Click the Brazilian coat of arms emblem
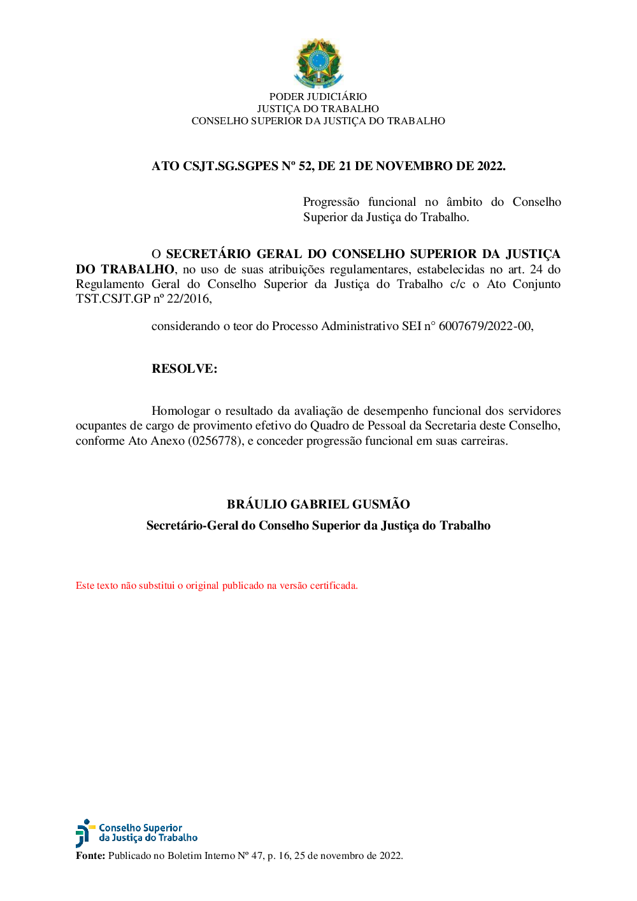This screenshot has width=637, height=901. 318,62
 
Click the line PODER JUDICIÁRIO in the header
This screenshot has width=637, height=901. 318,97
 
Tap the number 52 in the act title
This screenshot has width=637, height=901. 305,166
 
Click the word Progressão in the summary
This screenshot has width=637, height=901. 331,202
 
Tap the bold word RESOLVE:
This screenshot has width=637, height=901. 184,369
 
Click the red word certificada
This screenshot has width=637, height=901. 333,586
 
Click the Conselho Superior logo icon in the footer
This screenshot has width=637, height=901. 84,833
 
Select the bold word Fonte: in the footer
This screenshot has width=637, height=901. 90,856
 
